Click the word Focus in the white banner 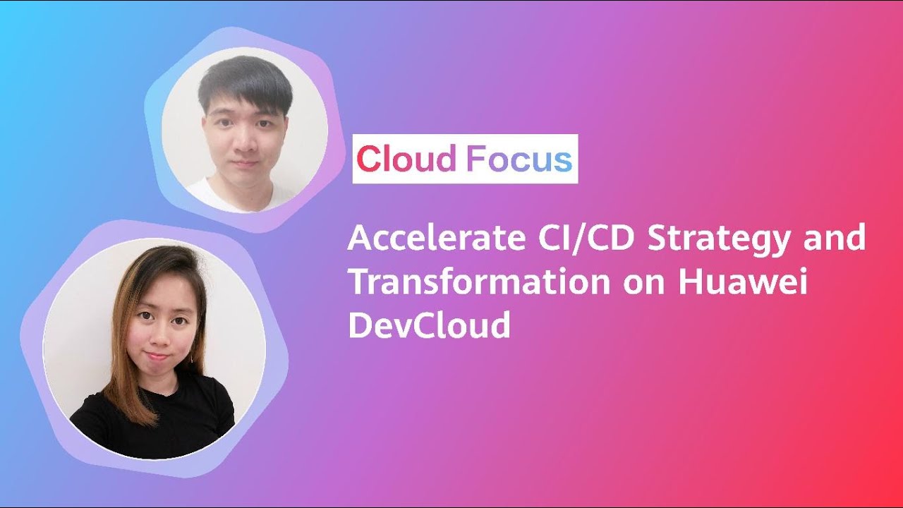pyautogui.click(x=519, y=159)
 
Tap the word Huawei pyautogui.click(x=742, y=282)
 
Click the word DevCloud pyautogui.click(x=429, y=325)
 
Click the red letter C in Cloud pyautogui.click(x=368, y=159)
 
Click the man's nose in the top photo pyautogui.click(x=244, y=147)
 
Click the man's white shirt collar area pyautogui.click(x=212, y=194)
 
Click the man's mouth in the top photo pyautogui.click(x=245, y=164)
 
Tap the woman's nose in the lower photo pyautogui.click(x=156, y=337)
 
